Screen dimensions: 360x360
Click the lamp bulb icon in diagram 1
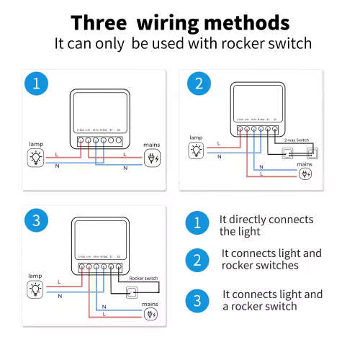tap(35, 157)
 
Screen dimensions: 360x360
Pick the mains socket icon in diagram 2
tap(305, 174)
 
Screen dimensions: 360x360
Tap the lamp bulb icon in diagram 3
tap(35, 289)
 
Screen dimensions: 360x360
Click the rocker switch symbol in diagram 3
tap(132, 292)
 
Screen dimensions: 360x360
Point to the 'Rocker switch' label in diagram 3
tap(145, 278)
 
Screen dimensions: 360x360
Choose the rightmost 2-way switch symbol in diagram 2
tap(312, 153)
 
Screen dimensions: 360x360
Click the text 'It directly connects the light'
tap(266, 225)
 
